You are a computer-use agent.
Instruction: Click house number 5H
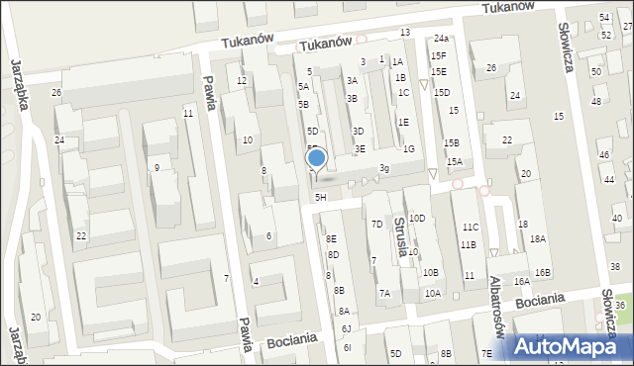(320, 198)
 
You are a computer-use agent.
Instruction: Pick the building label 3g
(383, 169)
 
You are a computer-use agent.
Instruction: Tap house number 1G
(408, 149)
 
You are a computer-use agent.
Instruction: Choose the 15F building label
(438, 56)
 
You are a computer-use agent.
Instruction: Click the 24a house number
(440, 39)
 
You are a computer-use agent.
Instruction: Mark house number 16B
(542, 273)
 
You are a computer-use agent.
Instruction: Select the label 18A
(537, 239)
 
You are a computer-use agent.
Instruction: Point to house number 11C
(469, 228)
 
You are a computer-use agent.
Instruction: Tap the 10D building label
(417, 219)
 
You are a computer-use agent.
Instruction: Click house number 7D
(376, 225)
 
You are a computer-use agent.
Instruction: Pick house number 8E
(332, 239)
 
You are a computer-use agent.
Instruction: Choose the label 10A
(433, 294)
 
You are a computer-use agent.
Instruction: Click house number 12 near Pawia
(242, 81)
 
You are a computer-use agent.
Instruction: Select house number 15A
(454, 162)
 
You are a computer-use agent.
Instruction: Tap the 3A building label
(352, 81)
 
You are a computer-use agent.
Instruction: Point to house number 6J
(346, 328)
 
